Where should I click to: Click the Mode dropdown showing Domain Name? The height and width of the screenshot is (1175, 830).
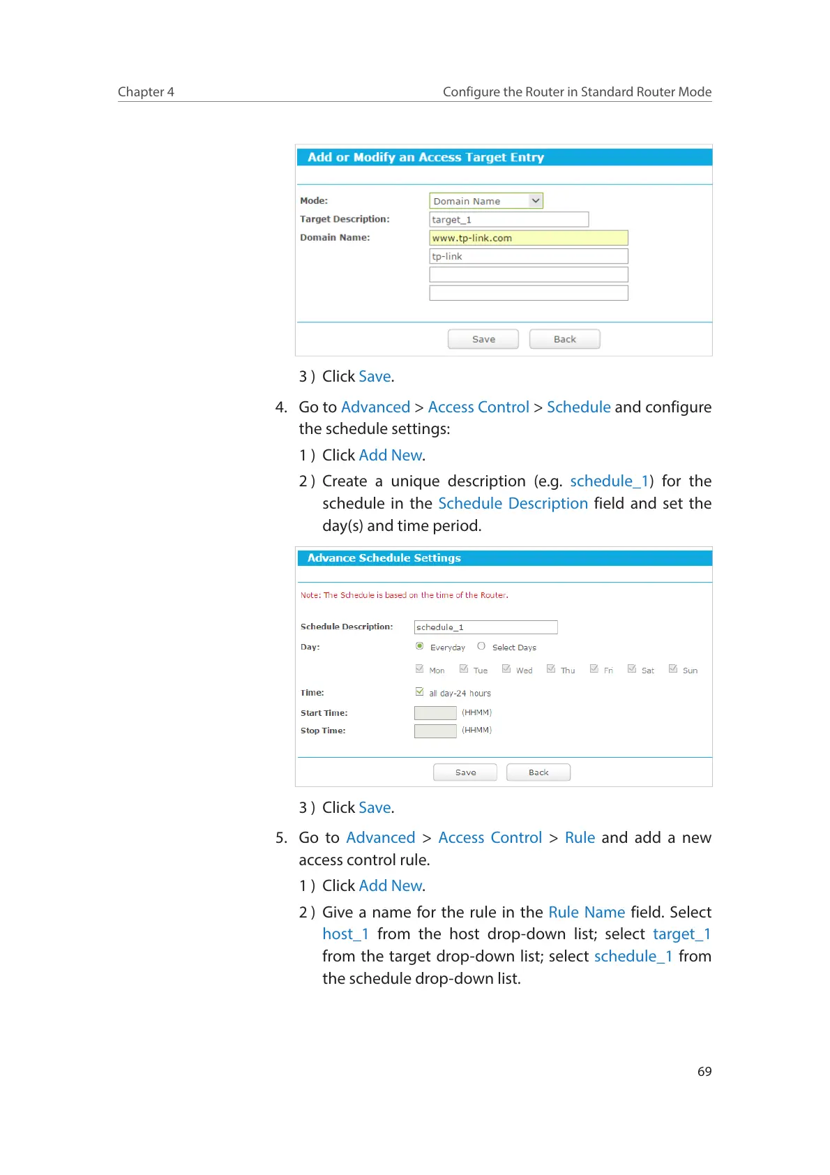pos(486,201)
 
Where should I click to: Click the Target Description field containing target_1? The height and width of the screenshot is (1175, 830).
pos(508,220)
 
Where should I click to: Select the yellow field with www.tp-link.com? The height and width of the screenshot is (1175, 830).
pos(528,238)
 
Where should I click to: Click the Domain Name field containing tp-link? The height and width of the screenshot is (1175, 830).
pos(528,256)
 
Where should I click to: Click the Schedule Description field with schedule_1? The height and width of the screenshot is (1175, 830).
pos(485,627)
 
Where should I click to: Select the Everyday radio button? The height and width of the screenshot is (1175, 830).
pos(420,646)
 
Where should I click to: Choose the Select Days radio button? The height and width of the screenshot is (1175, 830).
pos(481,646)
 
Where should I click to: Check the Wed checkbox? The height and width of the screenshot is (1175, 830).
pos(506,668)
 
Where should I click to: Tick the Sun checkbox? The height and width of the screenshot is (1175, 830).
pos(673,668)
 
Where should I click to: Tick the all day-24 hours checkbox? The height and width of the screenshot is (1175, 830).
pos(420,692)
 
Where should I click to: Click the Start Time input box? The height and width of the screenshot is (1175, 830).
pos(435,712)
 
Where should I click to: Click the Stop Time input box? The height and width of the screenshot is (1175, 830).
pos(435,731)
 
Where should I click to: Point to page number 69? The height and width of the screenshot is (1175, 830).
pos(704,1072)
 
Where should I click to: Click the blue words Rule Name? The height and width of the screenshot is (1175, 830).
pos(587,912)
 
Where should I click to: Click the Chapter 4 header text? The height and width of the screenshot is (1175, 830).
pos(146,92)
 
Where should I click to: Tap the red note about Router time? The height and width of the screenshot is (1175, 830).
pos(405,595)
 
